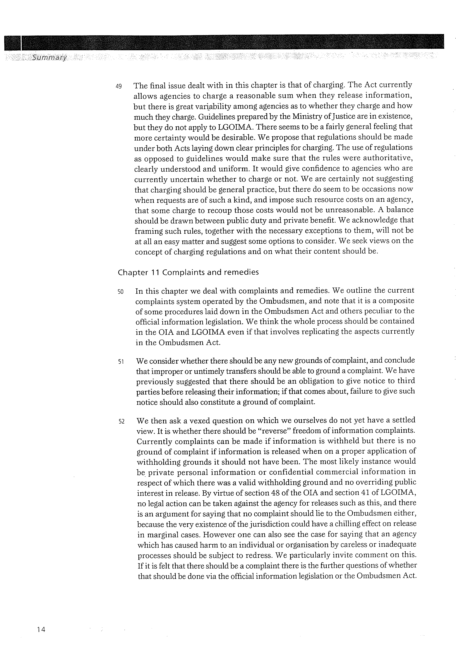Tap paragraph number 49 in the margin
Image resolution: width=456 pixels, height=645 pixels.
[118, 86]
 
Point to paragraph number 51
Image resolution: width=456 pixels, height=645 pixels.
[121, 362]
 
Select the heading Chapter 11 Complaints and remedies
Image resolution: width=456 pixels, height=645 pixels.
[188, 273]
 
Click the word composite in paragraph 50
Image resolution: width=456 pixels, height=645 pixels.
[396, 301]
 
